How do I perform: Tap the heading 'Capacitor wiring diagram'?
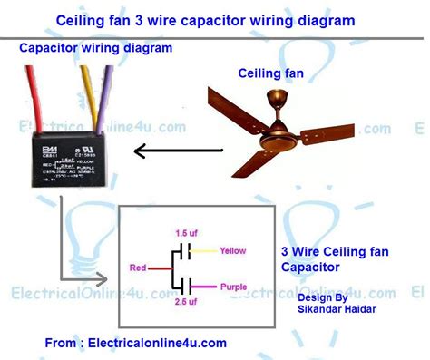point(85,50)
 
